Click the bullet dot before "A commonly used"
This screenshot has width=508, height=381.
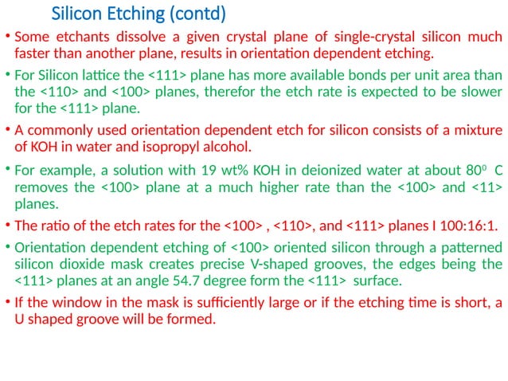[8, 129]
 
